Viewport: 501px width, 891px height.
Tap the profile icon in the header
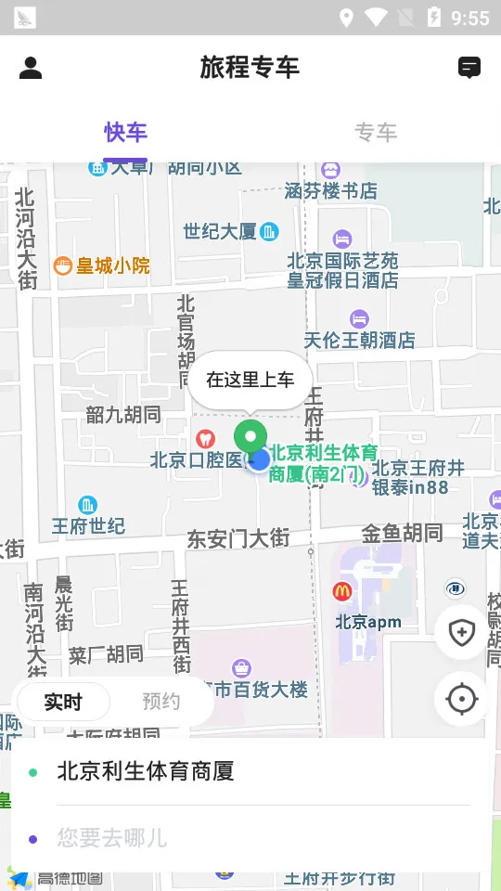pyautogui.click(x=31, y=68)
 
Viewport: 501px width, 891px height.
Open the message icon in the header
pyautogui.click(x=469, y=68)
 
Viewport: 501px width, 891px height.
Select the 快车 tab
pyautogui.click(x=125, y=133)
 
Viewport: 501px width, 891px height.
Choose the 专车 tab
pyautogui.click(x=376, y=133)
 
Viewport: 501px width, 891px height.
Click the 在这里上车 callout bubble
pyautogui.click(x=250, y=379)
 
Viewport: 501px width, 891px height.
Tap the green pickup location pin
pyautogui.click(x=249, y=437)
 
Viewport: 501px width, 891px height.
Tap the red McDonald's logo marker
pyautogui.click(x=342, y=591)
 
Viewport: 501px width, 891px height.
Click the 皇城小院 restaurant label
pyautogui.click(x=102, y=266)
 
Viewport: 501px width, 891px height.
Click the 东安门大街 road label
pyautogui.click(x=238, y=538)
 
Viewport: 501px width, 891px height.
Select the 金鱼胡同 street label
pyautogui.click(x=402, y=533)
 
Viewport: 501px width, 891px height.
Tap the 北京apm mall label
pyautogui.click(x=368, y=622)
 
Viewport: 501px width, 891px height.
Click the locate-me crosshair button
pyautogui.click(x=462, y=699)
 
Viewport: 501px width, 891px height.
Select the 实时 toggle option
pyautogui.click(x=63, y=703)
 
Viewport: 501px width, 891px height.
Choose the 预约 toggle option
pyautogui.click(x=161, y=703)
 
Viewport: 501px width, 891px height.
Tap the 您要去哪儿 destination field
pyautogui.click(x=112, y=838)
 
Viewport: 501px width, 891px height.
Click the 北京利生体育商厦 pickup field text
pyautogui.click(x=146, y=771)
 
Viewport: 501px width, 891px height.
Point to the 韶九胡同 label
pyautogui.click(x=123, y=415)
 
